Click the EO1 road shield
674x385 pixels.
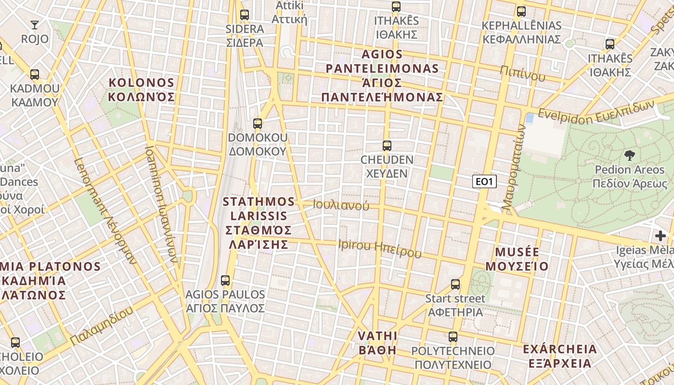(484, 181)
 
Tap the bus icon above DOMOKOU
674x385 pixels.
(258, 124)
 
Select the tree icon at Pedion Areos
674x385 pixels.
(629, 155)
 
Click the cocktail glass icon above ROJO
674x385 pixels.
(35, 25)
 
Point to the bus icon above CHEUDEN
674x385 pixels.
(387, 145)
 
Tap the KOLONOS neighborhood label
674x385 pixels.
(142, 90)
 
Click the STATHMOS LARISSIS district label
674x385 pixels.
(259, 223)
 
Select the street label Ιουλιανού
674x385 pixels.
(341, 205)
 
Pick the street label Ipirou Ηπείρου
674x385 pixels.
(380, 248)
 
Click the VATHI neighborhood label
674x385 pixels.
(377, 343)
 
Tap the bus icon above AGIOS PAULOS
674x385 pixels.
(225, 280)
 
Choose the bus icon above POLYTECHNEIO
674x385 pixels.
(453, 336)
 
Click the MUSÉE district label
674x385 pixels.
(517, 259)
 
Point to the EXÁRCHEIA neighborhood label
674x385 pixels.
(559, 356)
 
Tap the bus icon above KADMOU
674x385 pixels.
(35, 75)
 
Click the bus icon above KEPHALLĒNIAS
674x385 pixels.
(521, 12)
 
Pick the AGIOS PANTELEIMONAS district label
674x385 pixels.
(382, 76)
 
